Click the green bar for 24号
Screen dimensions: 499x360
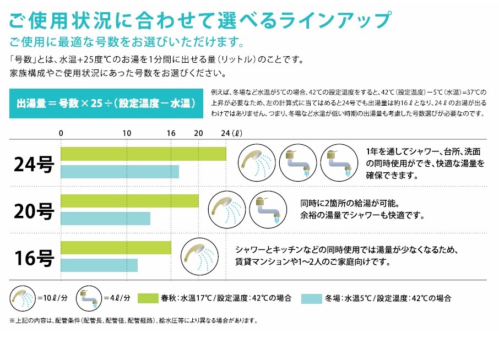(144, 154)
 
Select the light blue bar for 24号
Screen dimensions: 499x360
(120, 172)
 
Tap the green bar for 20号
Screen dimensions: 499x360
(129, 201)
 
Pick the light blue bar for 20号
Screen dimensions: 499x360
(105, 219)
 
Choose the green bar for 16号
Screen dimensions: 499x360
(116, 248)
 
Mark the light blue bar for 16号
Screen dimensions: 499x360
(99, 265)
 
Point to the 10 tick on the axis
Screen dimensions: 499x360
(127, 133)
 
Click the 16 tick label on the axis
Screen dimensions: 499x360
(171, 133)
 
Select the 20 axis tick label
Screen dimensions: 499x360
(199, 133)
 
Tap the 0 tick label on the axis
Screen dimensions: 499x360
(61, 133)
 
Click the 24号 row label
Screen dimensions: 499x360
(34, 165)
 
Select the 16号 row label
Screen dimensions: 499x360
(34, 258)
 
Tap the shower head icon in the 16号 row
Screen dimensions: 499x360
(199, 257)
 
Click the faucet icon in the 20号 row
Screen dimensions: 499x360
(268, 210)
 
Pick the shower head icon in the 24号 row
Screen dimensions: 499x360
(257, 162)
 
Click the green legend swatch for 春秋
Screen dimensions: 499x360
(148, 298)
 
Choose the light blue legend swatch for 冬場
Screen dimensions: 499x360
(312, 298)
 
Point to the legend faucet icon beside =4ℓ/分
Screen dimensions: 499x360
(89, 298)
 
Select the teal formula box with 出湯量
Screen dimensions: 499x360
(106, 103)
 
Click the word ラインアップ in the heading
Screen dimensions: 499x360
(334, 20)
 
